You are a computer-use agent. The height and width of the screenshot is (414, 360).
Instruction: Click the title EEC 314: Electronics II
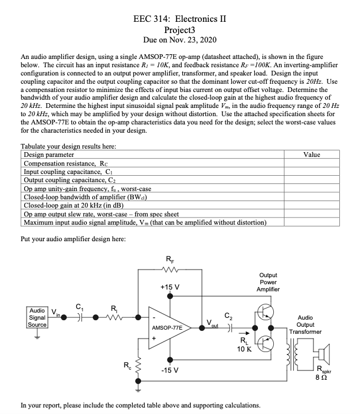click(x=180, y=18)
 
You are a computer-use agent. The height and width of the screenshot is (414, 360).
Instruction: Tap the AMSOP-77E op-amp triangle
click(x=168, y=326)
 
